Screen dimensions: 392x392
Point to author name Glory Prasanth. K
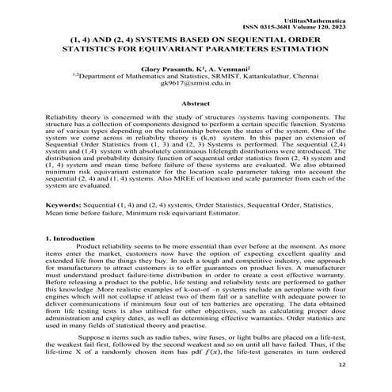(x=168, y=70)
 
